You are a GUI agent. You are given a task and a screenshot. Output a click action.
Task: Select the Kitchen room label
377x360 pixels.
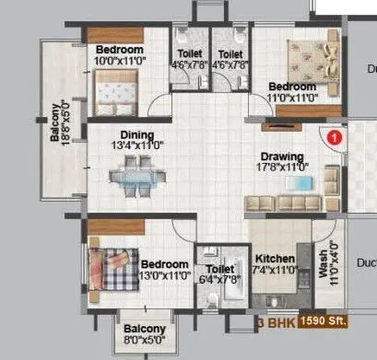pyautogui.click(x=275, y=259)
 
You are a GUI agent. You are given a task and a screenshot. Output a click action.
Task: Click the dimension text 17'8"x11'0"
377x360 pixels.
pyautogui.click(x=283, y=168)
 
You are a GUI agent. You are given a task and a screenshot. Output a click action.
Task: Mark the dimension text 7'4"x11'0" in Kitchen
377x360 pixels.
pyautogui.click(x=275, y=271)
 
